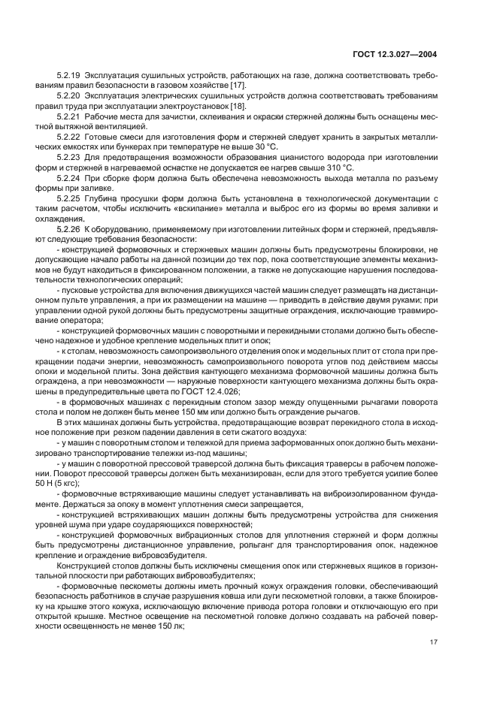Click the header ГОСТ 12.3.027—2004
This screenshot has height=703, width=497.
[x=406, y=55]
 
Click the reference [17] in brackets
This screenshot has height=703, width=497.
[x=237, y=86]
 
